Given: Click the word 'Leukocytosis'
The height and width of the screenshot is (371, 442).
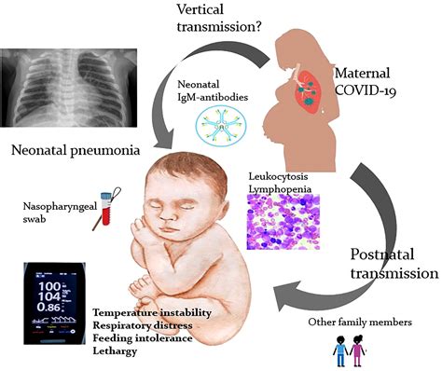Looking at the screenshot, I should tap(272, 176).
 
